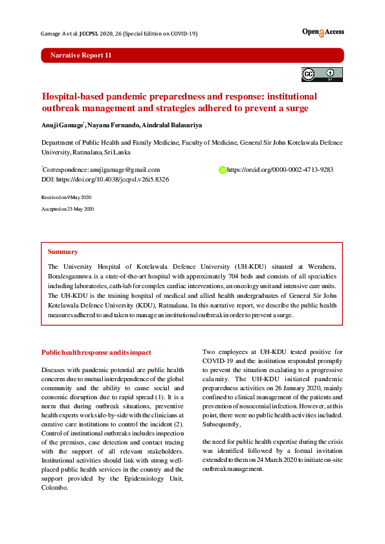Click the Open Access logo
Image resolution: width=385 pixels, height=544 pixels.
(322, 32)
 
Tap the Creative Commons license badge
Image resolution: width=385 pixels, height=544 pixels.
(322, 74)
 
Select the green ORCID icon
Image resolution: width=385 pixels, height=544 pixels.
(222, 170)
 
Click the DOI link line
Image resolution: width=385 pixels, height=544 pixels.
(105, 179)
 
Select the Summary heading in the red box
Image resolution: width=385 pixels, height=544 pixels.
(63, 251)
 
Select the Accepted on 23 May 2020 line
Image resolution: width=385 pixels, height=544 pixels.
(68, 209)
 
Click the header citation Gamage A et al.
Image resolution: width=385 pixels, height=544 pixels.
(59, 33)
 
